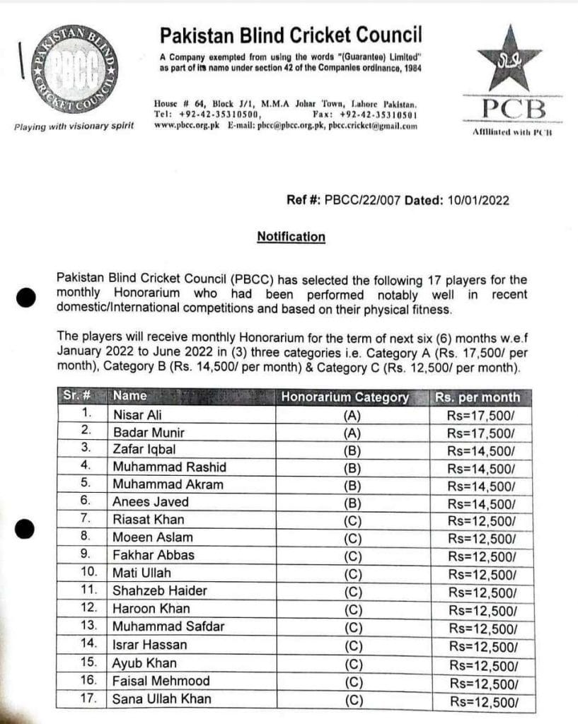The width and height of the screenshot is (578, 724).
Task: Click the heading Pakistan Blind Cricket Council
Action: (290, 34)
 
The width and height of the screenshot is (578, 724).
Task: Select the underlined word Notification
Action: (291, 237)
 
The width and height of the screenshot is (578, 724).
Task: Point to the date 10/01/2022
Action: (478, 201)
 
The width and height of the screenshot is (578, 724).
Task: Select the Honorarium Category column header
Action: (345, 397)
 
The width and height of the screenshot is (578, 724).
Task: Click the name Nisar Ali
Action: (137, 415)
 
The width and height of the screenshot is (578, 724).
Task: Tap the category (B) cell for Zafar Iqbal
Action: (352, 450)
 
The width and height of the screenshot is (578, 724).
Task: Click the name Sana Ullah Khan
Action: (161, 699)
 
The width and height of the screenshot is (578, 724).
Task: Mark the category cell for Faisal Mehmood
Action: (352, 682)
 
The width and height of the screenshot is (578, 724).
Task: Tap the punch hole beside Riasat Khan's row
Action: (25, 527)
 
